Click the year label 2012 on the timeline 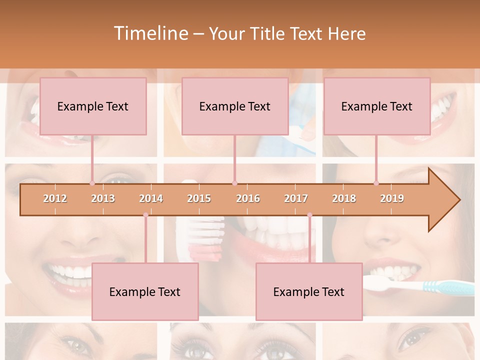(x=55, y=198)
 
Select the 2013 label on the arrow (x=103, y=198)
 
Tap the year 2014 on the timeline (x=151, y=198)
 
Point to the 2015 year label (x=199, y=198)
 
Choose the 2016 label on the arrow (x=248, y=198)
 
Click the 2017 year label (x=296, y=198)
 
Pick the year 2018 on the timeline (x=344, y=198)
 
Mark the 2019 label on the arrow (x=392, y=198)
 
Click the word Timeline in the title (x=149, y=33)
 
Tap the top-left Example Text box (x=93, y=106)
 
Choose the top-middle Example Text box (x=235, y=106)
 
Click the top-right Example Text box (x=377, y=106)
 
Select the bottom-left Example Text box (x=145, y=291)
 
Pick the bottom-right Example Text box (x=309, y=291)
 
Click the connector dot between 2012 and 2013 (x=92, y=183)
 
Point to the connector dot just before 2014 (x=145, y=215)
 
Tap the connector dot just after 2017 (x=309, y=215)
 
